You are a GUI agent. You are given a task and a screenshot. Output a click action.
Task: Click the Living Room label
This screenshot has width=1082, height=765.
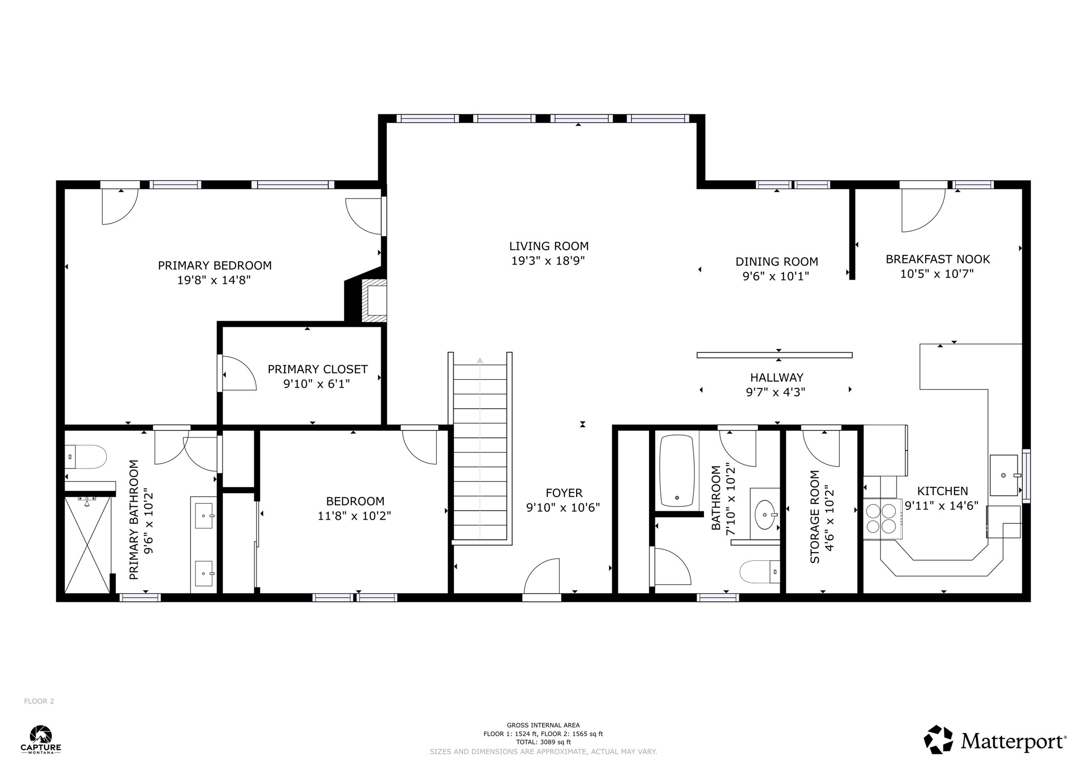click(x=548, y=246)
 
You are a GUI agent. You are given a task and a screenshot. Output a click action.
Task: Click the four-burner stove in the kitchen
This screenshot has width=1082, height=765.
click(x=881, y=519)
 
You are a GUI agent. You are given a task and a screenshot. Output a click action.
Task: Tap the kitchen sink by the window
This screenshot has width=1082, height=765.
click(x=1004, y=475)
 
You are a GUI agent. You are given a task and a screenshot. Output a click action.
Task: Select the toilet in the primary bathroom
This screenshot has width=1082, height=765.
click(x=86, y=456)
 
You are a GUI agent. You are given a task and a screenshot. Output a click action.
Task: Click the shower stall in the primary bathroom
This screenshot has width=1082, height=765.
click(x=87, y=544)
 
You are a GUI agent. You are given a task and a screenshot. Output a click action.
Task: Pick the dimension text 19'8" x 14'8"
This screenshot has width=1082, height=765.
click(x=214, y=280)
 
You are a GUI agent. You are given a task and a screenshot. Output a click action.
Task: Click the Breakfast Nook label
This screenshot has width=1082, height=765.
click(x=937, y=260)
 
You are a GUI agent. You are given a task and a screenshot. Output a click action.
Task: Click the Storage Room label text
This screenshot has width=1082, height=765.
click(x=815, y=517)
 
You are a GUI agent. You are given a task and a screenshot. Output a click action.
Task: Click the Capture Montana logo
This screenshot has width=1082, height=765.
click(x=41, y=739)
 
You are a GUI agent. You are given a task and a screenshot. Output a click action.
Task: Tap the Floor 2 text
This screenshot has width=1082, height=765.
click(x=39, y=701)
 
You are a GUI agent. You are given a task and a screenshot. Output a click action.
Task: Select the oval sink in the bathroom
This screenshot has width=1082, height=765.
click(x=765, y=515)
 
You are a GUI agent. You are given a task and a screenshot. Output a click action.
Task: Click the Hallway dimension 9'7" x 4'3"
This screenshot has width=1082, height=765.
click(x=775, y=393)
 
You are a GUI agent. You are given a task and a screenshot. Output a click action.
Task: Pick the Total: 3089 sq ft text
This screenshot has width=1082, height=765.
click(x=543, y=742)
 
